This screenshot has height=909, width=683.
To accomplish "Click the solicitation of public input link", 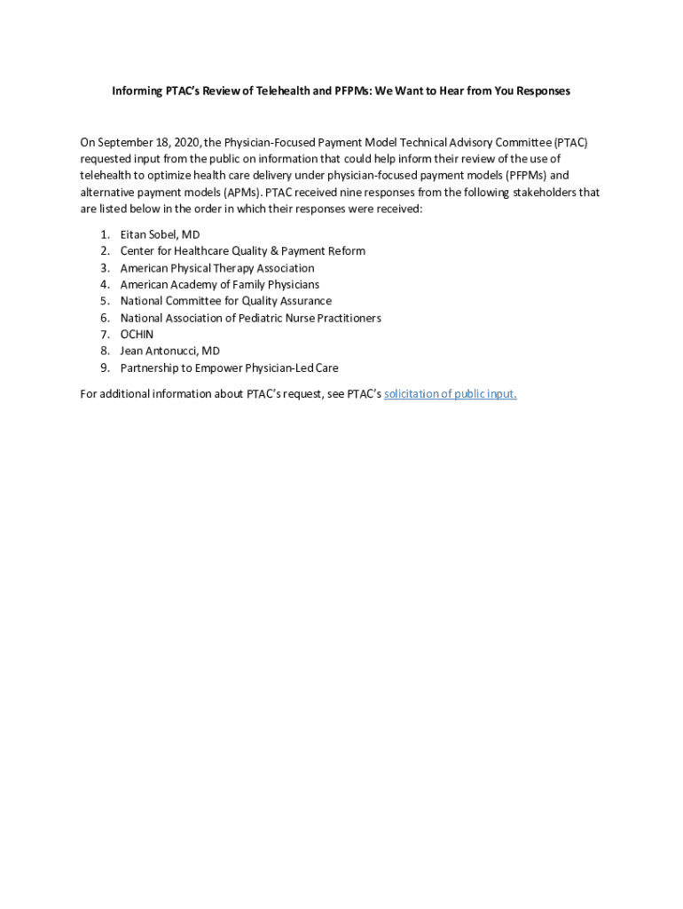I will (x=450, y=394).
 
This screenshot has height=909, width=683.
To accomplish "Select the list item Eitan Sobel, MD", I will (x=160, y=234).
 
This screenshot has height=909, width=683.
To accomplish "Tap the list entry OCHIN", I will (x=137, y=335).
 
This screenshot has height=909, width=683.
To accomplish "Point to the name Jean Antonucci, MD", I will (x=169, y=352).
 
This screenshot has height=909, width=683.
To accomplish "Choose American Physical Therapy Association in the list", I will (x=217, y=268).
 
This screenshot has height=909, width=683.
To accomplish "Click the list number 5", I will (x=105, y=301).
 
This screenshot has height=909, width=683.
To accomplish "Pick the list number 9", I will (x=105, y=368).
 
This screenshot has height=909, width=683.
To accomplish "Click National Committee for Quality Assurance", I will (x=225, y=301).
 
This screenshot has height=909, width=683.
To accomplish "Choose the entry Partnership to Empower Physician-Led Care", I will (x=229, y=368).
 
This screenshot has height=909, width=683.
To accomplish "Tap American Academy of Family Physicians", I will (x=220, y=285).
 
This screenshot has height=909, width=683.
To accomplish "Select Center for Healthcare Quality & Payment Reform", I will (x=242, y=251).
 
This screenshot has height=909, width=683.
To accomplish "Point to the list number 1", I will (x=105, y=234).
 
